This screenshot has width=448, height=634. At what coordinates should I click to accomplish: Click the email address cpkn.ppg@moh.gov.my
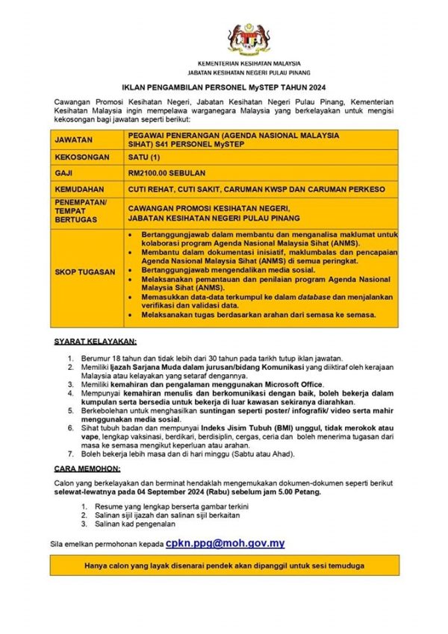(225, 544)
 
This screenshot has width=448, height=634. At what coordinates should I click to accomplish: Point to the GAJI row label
(64, 173)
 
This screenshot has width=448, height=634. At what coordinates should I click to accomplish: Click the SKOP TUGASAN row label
(85, 272)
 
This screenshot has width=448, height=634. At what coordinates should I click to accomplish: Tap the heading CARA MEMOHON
(88, 469)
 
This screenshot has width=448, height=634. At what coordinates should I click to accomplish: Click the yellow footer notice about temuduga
(225, 565)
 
